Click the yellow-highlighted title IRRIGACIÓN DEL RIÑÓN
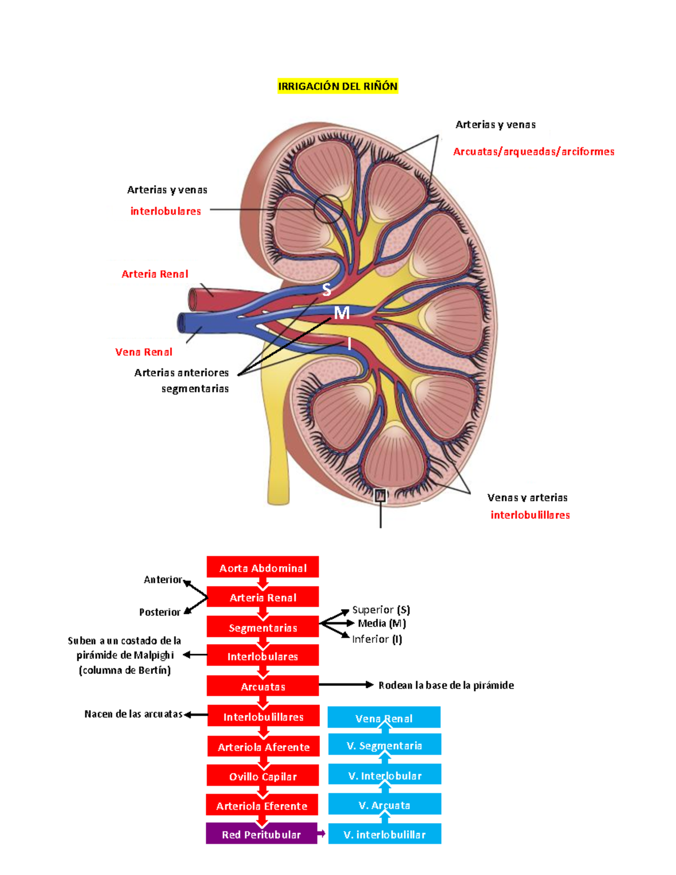coord(337,86)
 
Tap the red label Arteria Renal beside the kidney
coord(155,274)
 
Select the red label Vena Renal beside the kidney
coord(144,352)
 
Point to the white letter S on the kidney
coord(327,290)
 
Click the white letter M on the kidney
coord(341,313)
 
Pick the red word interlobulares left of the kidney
coord(166,211)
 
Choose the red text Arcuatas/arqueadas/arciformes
coord(533,152)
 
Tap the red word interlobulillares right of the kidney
coord(530,515)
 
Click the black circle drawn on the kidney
coord(328,209)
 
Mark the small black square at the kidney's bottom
coord(381,495)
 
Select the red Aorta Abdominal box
coord(263,567)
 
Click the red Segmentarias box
coord(263,627)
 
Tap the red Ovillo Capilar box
coord(263,776)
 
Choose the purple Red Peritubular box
coord(261,834)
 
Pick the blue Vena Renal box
coord(384,718)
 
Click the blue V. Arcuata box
coord(384,805)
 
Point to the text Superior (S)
coord(381,610)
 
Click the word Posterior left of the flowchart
coord(160,612)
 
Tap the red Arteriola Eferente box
coord(262,806)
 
